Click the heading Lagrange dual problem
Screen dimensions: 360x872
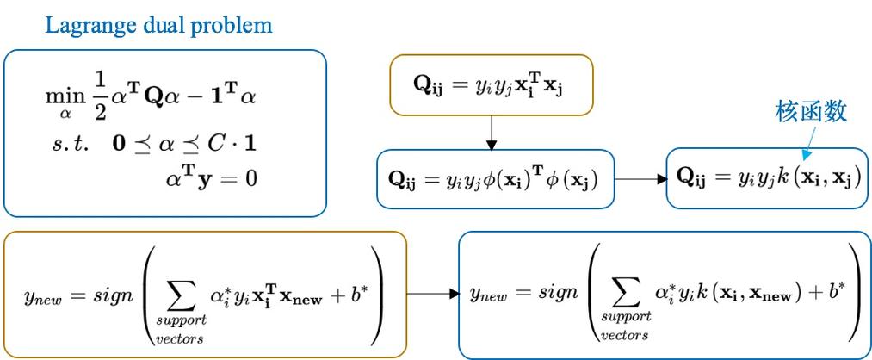tap(158, 25)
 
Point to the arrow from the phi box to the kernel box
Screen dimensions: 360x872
tap(641, 179)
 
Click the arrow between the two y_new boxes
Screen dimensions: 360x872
tap(432, 293)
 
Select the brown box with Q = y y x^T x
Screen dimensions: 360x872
tap(491, 84)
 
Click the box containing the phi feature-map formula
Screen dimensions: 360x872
tap(496, 178)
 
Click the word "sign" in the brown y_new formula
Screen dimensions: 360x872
tap(109, 292)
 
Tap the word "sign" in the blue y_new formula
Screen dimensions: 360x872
tap(554, 292)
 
